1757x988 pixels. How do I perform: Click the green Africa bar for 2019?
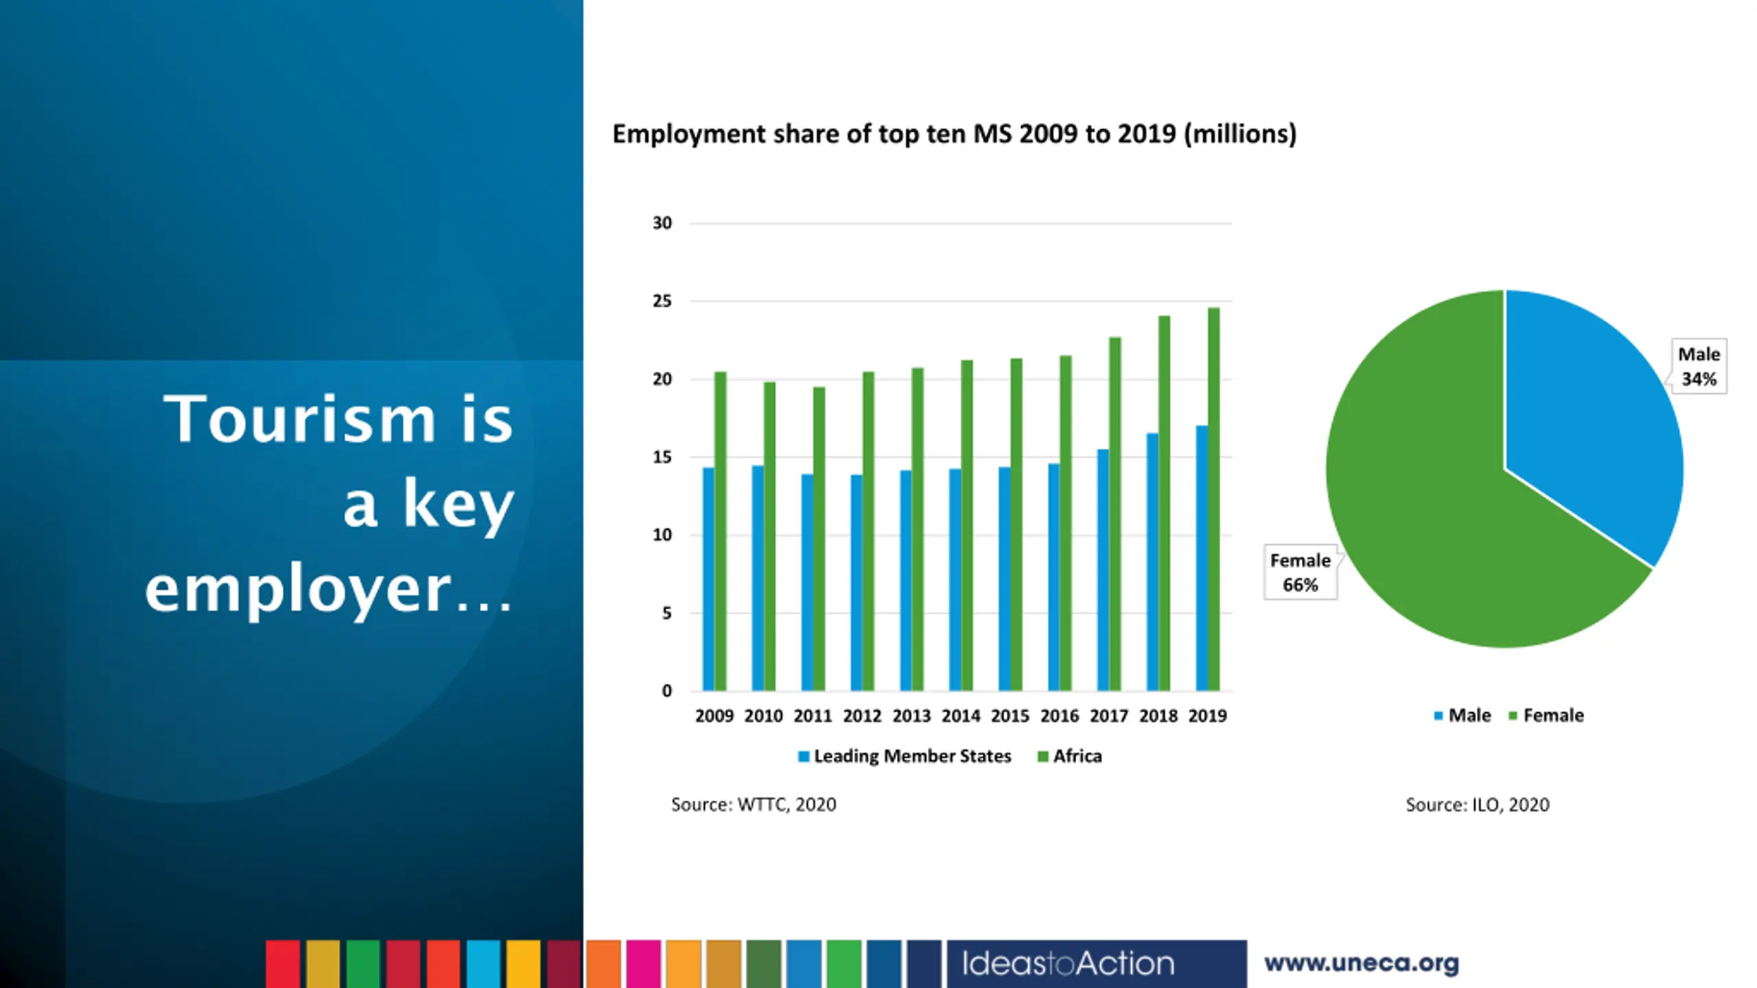(x=1213, y=501)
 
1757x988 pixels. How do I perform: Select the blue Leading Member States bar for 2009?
(x=708, y=580)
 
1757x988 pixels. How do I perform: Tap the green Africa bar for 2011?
(x=819, y=539)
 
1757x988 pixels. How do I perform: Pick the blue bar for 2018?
(x=1152, y=563)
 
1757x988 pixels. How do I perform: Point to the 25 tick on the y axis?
(x=662, y=301)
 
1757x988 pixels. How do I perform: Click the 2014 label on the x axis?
(x=960, y=716)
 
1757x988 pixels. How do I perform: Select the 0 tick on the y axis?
(x=666, y=691)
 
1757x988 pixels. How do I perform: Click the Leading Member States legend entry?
(x=905, y=756)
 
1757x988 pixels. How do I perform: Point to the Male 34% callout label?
(x=1699, y=366)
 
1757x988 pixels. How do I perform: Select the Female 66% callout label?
(x=1300, y=572)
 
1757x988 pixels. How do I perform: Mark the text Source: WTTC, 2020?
(x=754, y=804)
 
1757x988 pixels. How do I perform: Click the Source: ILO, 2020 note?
(x=1477, y=804)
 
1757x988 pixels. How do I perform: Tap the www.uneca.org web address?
(x=1362, y=963)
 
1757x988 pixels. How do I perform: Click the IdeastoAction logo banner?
(x=1096, y=963)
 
